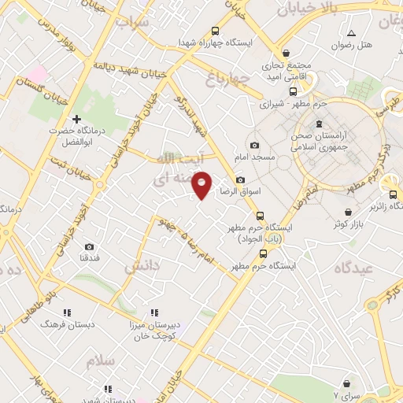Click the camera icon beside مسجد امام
point(254,146)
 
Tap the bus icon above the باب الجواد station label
point(260,216)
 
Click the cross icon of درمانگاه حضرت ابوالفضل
point(77,119)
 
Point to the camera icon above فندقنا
point(88,246)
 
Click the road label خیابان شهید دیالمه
point(133,68)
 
